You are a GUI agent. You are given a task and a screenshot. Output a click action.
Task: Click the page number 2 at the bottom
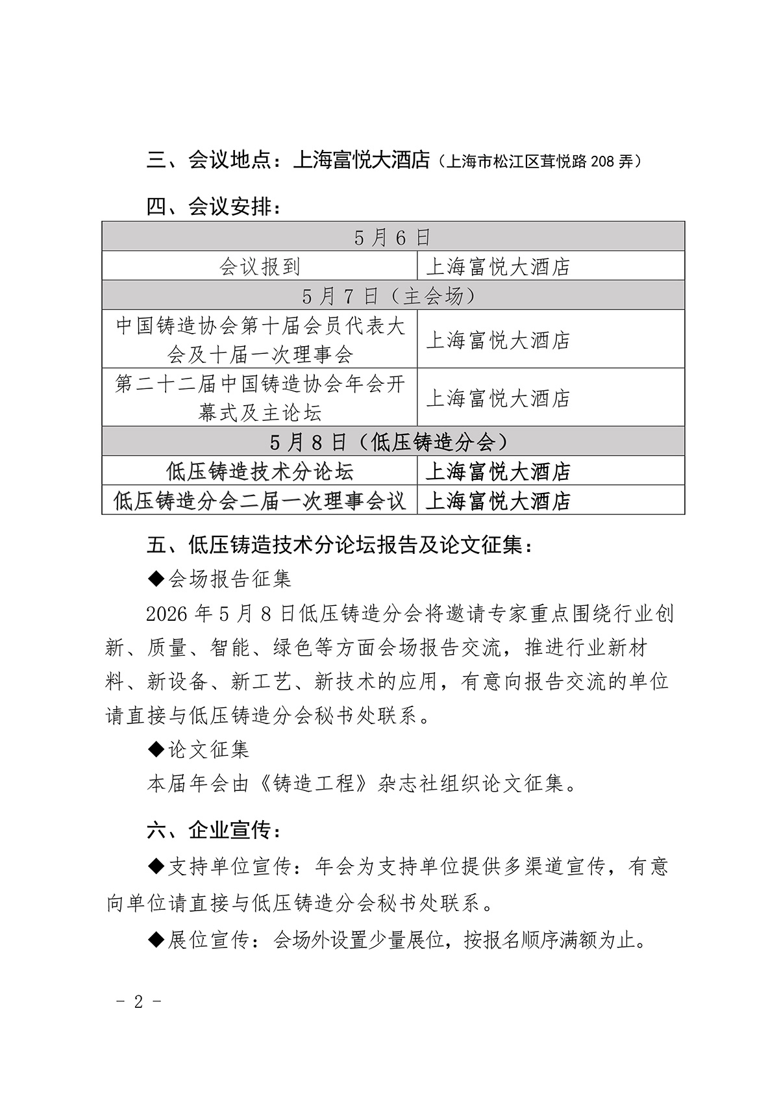click(x=138, y=1001)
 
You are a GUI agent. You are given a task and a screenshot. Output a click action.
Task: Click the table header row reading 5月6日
click(x=393, y=237)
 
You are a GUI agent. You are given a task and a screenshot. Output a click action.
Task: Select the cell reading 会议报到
click(x=260, y=266)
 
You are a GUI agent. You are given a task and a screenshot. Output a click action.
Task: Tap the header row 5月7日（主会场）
click(x=393, y=295)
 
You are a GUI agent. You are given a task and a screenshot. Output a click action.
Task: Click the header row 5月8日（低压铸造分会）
click(x=393, y=442)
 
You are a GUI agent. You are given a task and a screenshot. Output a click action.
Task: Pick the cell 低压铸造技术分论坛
click(x=260, y=471)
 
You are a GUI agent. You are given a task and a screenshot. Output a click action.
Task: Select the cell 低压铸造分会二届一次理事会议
click(x=260, y=500)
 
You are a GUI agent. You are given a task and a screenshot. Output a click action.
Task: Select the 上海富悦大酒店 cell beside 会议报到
click(x=498, y=266)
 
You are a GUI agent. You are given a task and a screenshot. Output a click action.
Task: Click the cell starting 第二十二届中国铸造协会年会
click(x=260, y=397)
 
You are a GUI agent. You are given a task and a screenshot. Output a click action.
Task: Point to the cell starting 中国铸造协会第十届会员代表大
click(x=260, y=339)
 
